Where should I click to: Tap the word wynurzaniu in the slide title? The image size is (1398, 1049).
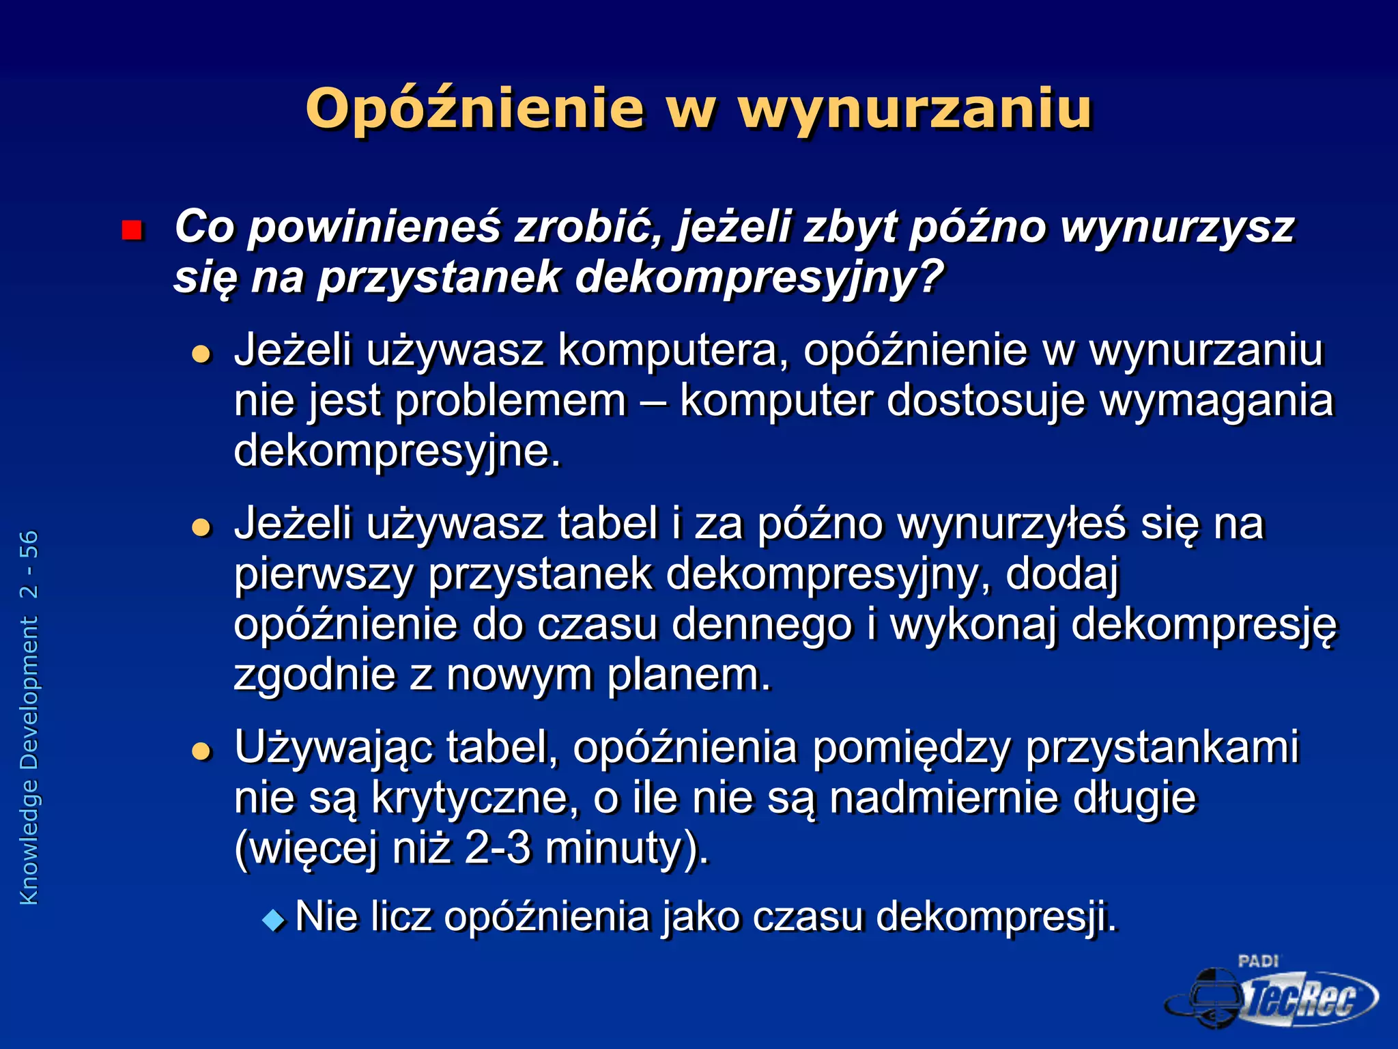pos(915,109)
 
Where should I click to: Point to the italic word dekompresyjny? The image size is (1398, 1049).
pos(759,278)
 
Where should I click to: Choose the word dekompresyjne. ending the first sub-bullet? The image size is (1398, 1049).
pos(397,451)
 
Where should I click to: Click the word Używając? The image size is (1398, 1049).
pos(333,747)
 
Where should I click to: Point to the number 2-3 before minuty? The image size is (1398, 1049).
pos(498,848)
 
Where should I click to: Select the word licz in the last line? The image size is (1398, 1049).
pos(399,917)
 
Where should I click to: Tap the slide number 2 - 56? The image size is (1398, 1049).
pos(29,564)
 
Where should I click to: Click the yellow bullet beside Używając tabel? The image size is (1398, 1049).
pos(201,751)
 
